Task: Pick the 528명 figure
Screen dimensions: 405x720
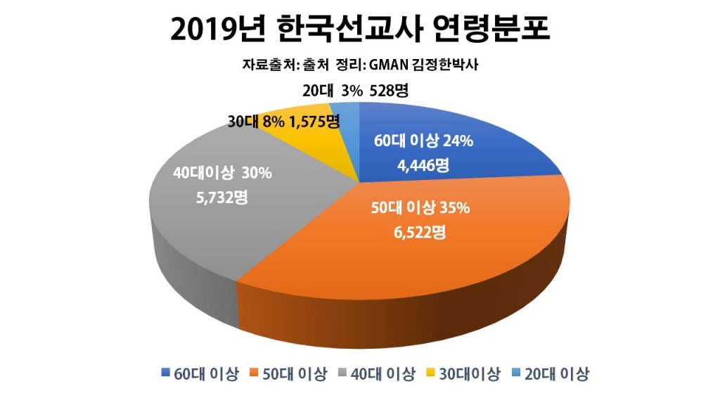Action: coord(392,91)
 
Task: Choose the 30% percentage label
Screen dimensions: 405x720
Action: coord(257,173)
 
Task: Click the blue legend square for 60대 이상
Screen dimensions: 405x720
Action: coord(165,373)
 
